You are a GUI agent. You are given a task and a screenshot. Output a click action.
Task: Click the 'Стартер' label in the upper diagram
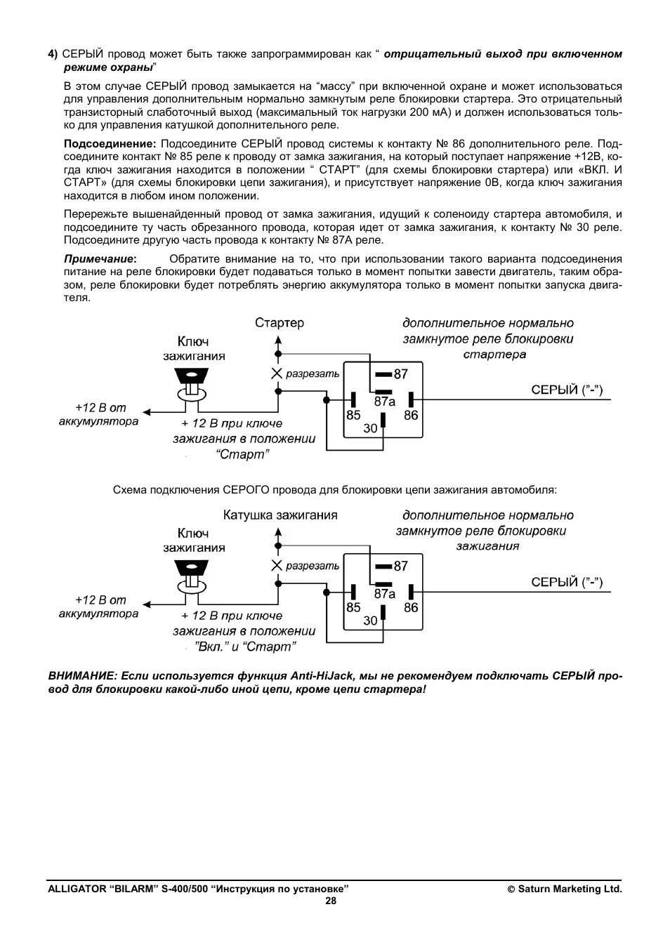point(280,323)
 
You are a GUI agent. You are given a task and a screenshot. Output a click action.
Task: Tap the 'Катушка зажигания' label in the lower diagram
point(280,515)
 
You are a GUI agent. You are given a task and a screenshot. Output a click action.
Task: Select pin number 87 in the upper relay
point(400,374)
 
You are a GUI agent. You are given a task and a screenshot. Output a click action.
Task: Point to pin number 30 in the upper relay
point(370,428)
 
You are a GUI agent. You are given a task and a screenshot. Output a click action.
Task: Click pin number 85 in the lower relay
point(353,607)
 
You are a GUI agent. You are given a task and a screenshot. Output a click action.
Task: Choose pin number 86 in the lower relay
point(411,607)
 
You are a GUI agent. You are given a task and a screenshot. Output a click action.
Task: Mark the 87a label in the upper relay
point(385,402)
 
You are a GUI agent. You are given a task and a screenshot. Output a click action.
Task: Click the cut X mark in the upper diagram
point(277,373)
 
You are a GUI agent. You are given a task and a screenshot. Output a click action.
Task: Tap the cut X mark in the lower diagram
point(277,566)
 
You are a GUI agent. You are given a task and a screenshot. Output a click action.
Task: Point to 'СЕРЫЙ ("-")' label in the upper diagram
point(567,390)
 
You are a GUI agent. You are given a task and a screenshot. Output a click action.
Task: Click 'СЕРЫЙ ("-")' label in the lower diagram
point(567,582)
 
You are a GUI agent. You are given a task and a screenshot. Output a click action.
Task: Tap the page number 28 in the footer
point(331,901)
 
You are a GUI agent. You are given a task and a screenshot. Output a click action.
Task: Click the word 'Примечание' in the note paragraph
point(99,259)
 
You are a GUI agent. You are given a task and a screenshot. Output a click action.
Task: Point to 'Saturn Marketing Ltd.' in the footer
point(570,889)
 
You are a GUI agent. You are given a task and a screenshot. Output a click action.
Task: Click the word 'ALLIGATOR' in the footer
point(76,889)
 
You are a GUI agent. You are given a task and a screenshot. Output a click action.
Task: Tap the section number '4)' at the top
point(53,54)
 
